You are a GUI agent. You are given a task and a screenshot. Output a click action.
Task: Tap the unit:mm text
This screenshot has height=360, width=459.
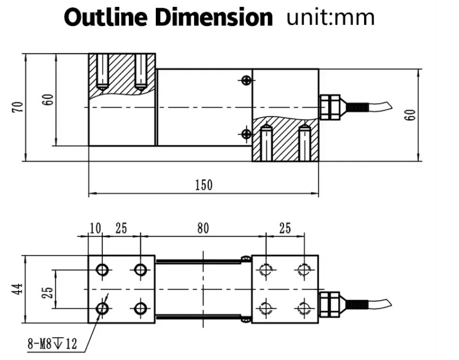pos(331,17)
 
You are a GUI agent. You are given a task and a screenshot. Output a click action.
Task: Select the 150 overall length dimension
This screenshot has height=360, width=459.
pos(204,185)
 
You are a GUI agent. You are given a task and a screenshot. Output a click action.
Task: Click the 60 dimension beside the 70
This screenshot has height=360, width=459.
pos(48,99)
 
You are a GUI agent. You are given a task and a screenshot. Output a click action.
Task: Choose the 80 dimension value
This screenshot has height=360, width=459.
pos(203,229)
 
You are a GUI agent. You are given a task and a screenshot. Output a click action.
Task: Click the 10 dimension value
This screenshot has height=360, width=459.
pos(95,229)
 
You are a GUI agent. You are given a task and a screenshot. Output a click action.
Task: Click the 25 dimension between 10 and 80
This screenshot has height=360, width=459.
pos(121,229)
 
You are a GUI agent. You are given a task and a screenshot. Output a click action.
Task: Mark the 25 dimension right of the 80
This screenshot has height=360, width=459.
pos(285,229)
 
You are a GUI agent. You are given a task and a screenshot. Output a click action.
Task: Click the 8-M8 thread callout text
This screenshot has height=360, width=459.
pos(52,344)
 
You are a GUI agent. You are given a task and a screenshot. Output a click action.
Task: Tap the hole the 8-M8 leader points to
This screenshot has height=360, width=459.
pos(102,308)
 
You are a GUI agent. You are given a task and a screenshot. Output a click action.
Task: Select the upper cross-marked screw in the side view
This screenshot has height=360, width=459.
pos(245,80)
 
